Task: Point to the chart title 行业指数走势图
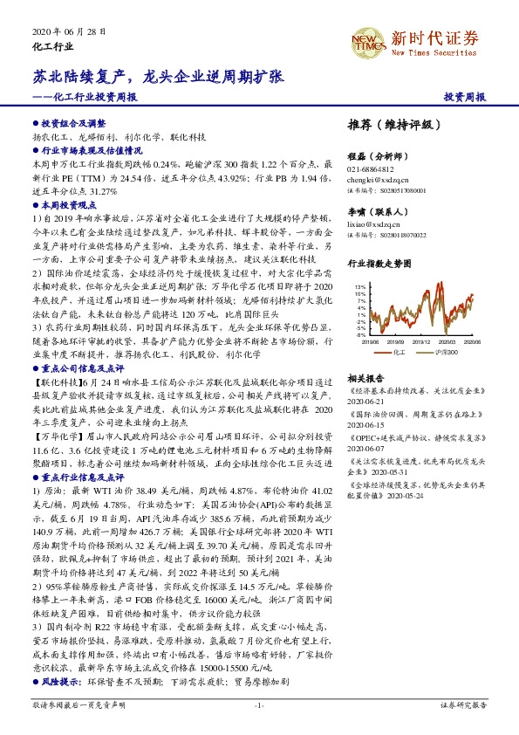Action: coord(380,263)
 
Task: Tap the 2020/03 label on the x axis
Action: coord(448,342)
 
